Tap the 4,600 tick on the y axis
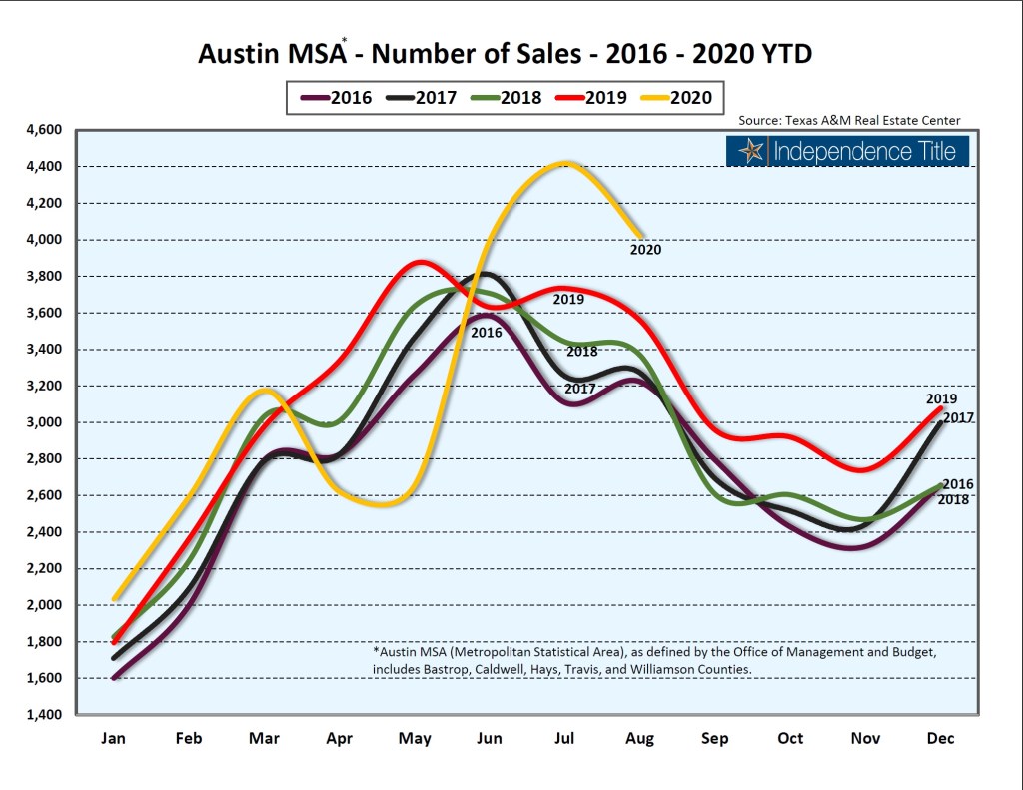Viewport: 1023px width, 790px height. pyautogui.click(x=41, y=130)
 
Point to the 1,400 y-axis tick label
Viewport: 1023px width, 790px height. pyautogui.click(x=41, y=715)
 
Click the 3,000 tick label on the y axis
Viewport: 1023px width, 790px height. pyautogui.click(x=41, y=422)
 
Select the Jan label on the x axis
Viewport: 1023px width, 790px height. pyautogui.click(x=114, y=739)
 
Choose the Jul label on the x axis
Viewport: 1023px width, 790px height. pyautogui.click(x=565, y=739)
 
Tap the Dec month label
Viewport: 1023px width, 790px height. pyautogui.click(x=940, y=739)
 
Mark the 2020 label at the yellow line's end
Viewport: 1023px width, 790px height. pyautogui.click(x=645, y=250)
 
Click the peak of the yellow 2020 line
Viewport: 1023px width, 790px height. pyautogui.click(x=565, y=163)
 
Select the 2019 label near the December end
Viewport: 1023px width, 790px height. pyautogui.click(x=941, y=399)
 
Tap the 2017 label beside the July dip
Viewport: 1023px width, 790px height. pyautogui.click(x=580, y=389)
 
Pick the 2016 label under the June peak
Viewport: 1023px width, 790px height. pyautogui.click(x=486, y=332)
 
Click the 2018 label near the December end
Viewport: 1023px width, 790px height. pyautogui.click(x=953, y=499)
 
